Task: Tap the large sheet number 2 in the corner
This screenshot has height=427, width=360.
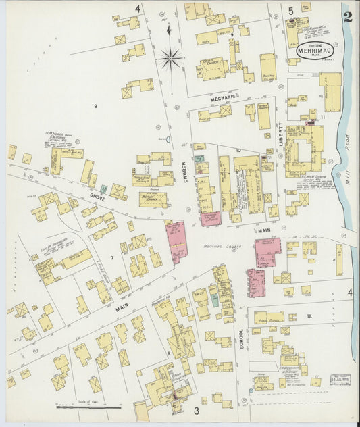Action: pyautogui.click(x=347, y=16)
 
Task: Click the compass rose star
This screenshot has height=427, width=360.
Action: pyautogui.click(x=170, y=59)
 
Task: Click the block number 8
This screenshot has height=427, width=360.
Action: pyautogui.click(x=96, y=106)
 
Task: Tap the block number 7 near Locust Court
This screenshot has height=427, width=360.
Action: pyautogui.click(x=103, y=258)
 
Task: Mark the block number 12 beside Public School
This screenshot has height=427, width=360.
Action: pyautogui.click(x=309, y=316)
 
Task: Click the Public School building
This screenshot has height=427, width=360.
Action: pyautogui.click(x=269, y=316)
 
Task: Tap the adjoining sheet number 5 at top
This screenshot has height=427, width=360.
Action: pyautogui.click(x=290, y=10)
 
